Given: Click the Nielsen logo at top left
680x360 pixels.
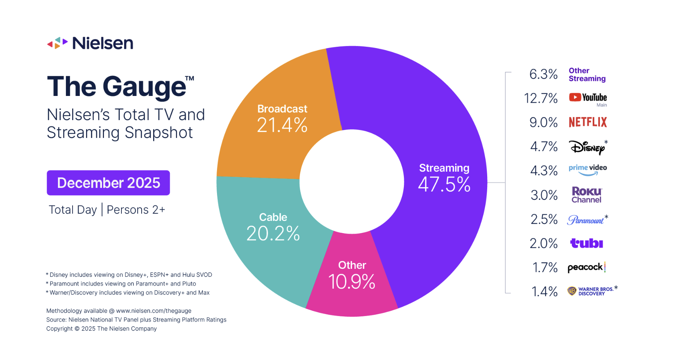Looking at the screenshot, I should point(90,43).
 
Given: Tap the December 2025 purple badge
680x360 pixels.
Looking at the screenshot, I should point(108,183).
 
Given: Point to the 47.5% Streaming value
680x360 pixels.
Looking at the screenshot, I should point(444,184).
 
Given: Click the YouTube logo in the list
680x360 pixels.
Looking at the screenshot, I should point(588,98).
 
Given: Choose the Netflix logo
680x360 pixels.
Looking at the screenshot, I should point(588,122).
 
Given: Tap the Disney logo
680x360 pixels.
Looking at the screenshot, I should point(588,147).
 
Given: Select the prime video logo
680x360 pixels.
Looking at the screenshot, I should point(588,170).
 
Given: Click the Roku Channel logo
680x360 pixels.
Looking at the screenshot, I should point(587,195).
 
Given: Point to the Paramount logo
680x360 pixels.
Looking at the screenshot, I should point(586,220).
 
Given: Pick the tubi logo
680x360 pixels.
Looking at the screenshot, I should point(586,243).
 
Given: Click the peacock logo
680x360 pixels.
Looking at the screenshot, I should point(586,268).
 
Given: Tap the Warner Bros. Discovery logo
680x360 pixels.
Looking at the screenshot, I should point(591,291).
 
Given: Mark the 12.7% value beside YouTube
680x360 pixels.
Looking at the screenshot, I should point(541,98).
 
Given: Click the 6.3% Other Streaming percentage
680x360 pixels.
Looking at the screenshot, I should point(544,74).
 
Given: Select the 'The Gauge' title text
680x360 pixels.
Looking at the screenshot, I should point(117,86).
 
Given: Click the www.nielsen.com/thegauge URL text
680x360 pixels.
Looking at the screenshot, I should point(154,311).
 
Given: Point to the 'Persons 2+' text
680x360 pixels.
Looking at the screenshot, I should point(136,210).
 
